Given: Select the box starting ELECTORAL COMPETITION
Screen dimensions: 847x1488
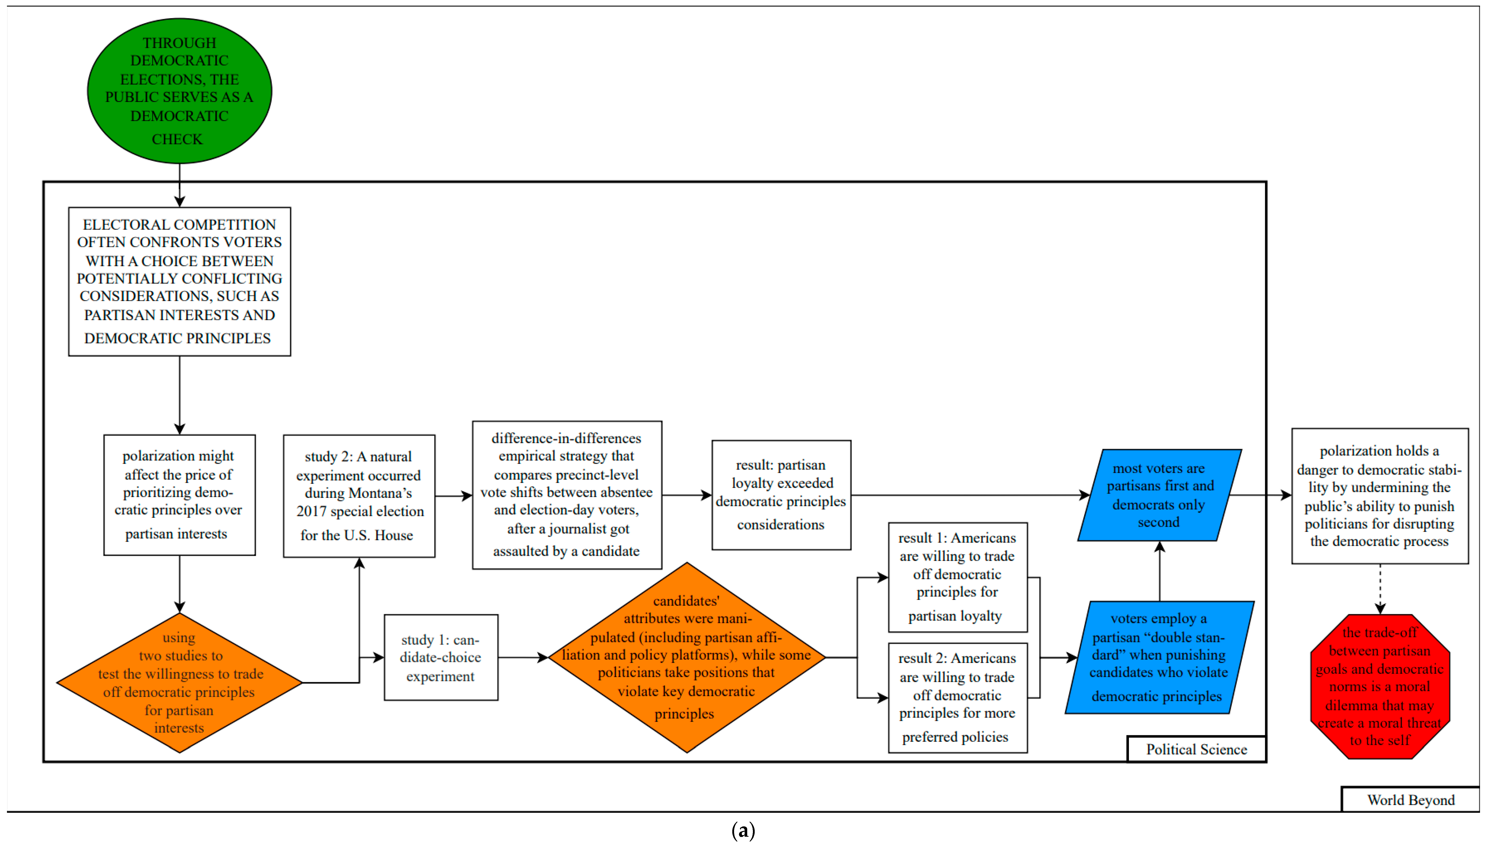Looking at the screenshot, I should tap(179, 282).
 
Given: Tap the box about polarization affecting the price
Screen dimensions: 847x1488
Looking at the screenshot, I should tap(179, 495).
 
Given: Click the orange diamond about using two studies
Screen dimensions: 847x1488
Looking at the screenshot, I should tap(179, 682).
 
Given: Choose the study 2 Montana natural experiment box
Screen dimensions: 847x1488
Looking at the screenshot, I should tap(359, 496).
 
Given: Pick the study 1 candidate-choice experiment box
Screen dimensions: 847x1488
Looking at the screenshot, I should tap(440, 657).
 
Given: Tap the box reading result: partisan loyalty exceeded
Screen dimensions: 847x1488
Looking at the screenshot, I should tap(781, 495).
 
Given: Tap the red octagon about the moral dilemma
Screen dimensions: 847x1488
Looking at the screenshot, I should tap(1380, 686).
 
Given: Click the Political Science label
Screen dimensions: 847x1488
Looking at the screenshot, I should tap(1196, 749).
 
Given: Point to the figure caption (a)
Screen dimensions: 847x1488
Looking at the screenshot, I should tap(743, 830).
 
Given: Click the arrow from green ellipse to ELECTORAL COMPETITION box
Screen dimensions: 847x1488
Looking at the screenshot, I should tap(179, 185).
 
